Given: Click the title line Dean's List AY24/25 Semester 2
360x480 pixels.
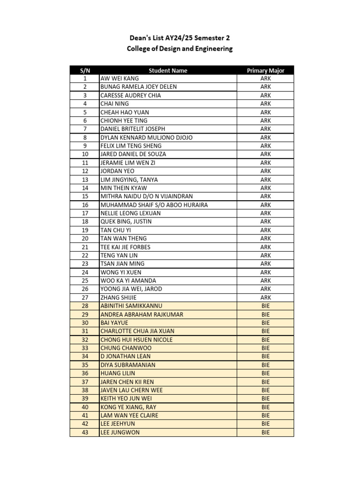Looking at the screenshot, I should tap(180, 38).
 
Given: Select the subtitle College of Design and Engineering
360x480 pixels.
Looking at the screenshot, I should tap(180, 49).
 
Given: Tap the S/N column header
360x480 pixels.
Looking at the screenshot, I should tap(85, 70).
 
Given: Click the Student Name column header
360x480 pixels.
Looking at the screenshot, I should tap(168, 70).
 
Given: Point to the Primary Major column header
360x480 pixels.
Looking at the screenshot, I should tap(265, 70).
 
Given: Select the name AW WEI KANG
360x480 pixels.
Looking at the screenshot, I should tap(120, 79).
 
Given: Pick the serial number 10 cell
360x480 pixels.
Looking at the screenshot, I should tap(85, 154).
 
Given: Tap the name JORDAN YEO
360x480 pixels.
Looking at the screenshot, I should tap(117, 171).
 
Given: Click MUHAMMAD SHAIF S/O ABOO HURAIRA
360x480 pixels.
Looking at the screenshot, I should tap(154, 205).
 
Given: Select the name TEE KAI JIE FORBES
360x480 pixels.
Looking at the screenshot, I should tap(125, 247).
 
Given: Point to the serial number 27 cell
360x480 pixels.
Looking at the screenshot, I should tap(85, 298).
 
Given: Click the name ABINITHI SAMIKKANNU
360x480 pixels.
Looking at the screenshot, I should tap(132, 306).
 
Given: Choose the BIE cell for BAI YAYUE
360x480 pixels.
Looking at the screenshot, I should tap(265, 323).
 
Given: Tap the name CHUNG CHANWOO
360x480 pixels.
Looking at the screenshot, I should tap(126, 348).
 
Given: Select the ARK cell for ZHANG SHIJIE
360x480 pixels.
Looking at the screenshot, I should tap(265, 298).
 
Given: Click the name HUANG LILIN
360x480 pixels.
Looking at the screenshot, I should tap(118, 374).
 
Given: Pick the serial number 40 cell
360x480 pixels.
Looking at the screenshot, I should tap(85, 407).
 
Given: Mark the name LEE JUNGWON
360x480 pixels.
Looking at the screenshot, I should tap(120, 433).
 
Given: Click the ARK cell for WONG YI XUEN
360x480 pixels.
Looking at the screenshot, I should tap(265, 272).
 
